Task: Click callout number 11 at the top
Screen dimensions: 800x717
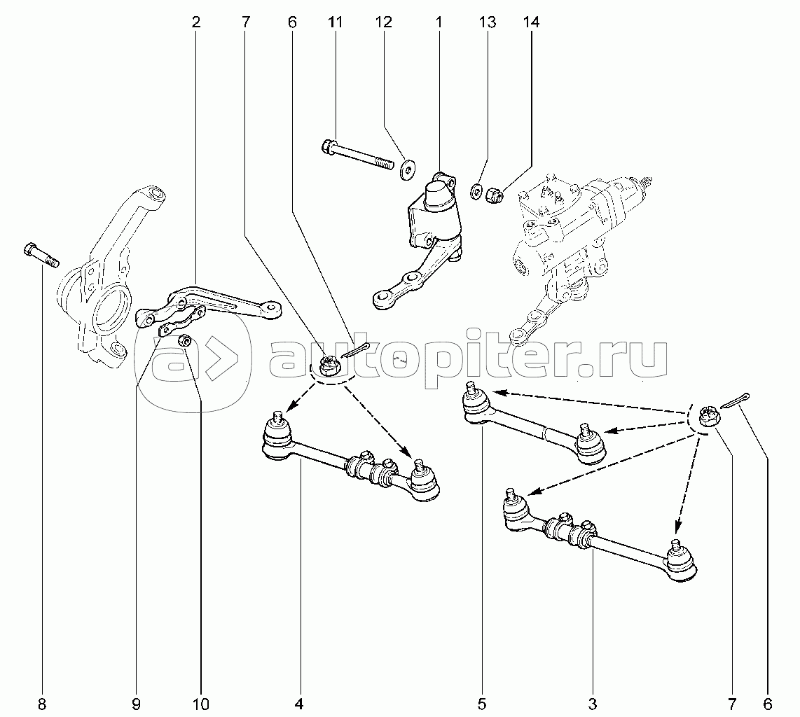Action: pos(336,22)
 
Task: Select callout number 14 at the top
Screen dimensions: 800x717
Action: pos(531,22)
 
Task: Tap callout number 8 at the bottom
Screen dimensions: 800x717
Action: pos(42,704)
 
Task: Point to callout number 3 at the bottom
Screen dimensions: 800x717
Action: pos(593,704)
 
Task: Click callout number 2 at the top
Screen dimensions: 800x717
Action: pos(196,22)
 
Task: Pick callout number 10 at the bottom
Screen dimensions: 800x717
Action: pos(201,704)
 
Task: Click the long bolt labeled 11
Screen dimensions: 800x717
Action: pos(358,155)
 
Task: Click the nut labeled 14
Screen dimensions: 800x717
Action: pos(494,194)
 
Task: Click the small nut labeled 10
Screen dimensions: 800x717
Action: pos(186,341)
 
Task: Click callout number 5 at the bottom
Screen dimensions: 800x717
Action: pos(482,704)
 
